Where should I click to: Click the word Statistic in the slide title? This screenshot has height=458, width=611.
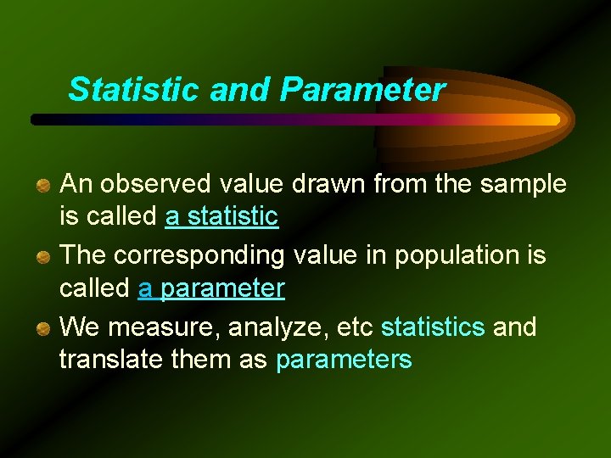(135, 89)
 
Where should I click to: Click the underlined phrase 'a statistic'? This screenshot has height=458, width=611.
(221, 217)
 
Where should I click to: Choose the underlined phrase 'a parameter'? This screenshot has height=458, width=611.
(211, 288)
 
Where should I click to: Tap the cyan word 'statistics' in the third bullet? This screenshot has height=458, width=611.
(434, 327)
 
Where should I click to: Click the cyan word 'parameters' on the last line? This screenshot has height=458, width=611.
(344, 360)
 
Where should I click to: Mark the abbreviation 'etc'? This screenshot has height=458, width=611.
(357, 327)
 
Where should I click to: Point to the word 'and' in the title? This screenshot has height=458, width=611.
(242, 89)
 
